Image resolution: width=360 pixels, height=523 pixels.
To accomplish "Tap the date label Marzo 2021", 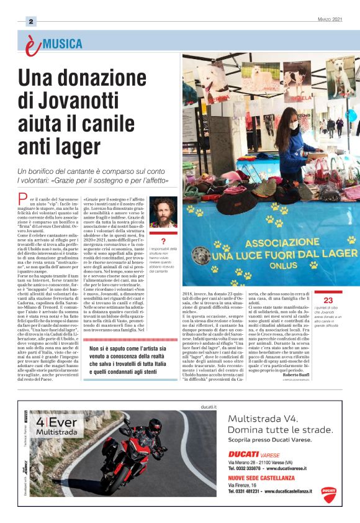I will pos(328,19).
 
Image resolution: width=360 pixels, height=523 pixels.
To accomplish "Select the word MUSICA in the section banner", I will pos(62,44).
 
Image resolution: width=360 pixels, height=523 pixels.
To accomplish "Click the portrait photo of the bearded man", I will pos(163,213).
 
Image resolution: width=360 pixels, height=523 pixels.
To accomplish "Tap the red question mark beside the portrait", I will pos(163,241).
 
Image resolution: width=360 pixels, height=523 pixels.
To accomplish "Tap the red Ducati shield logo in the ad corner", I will pos(328,493).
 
